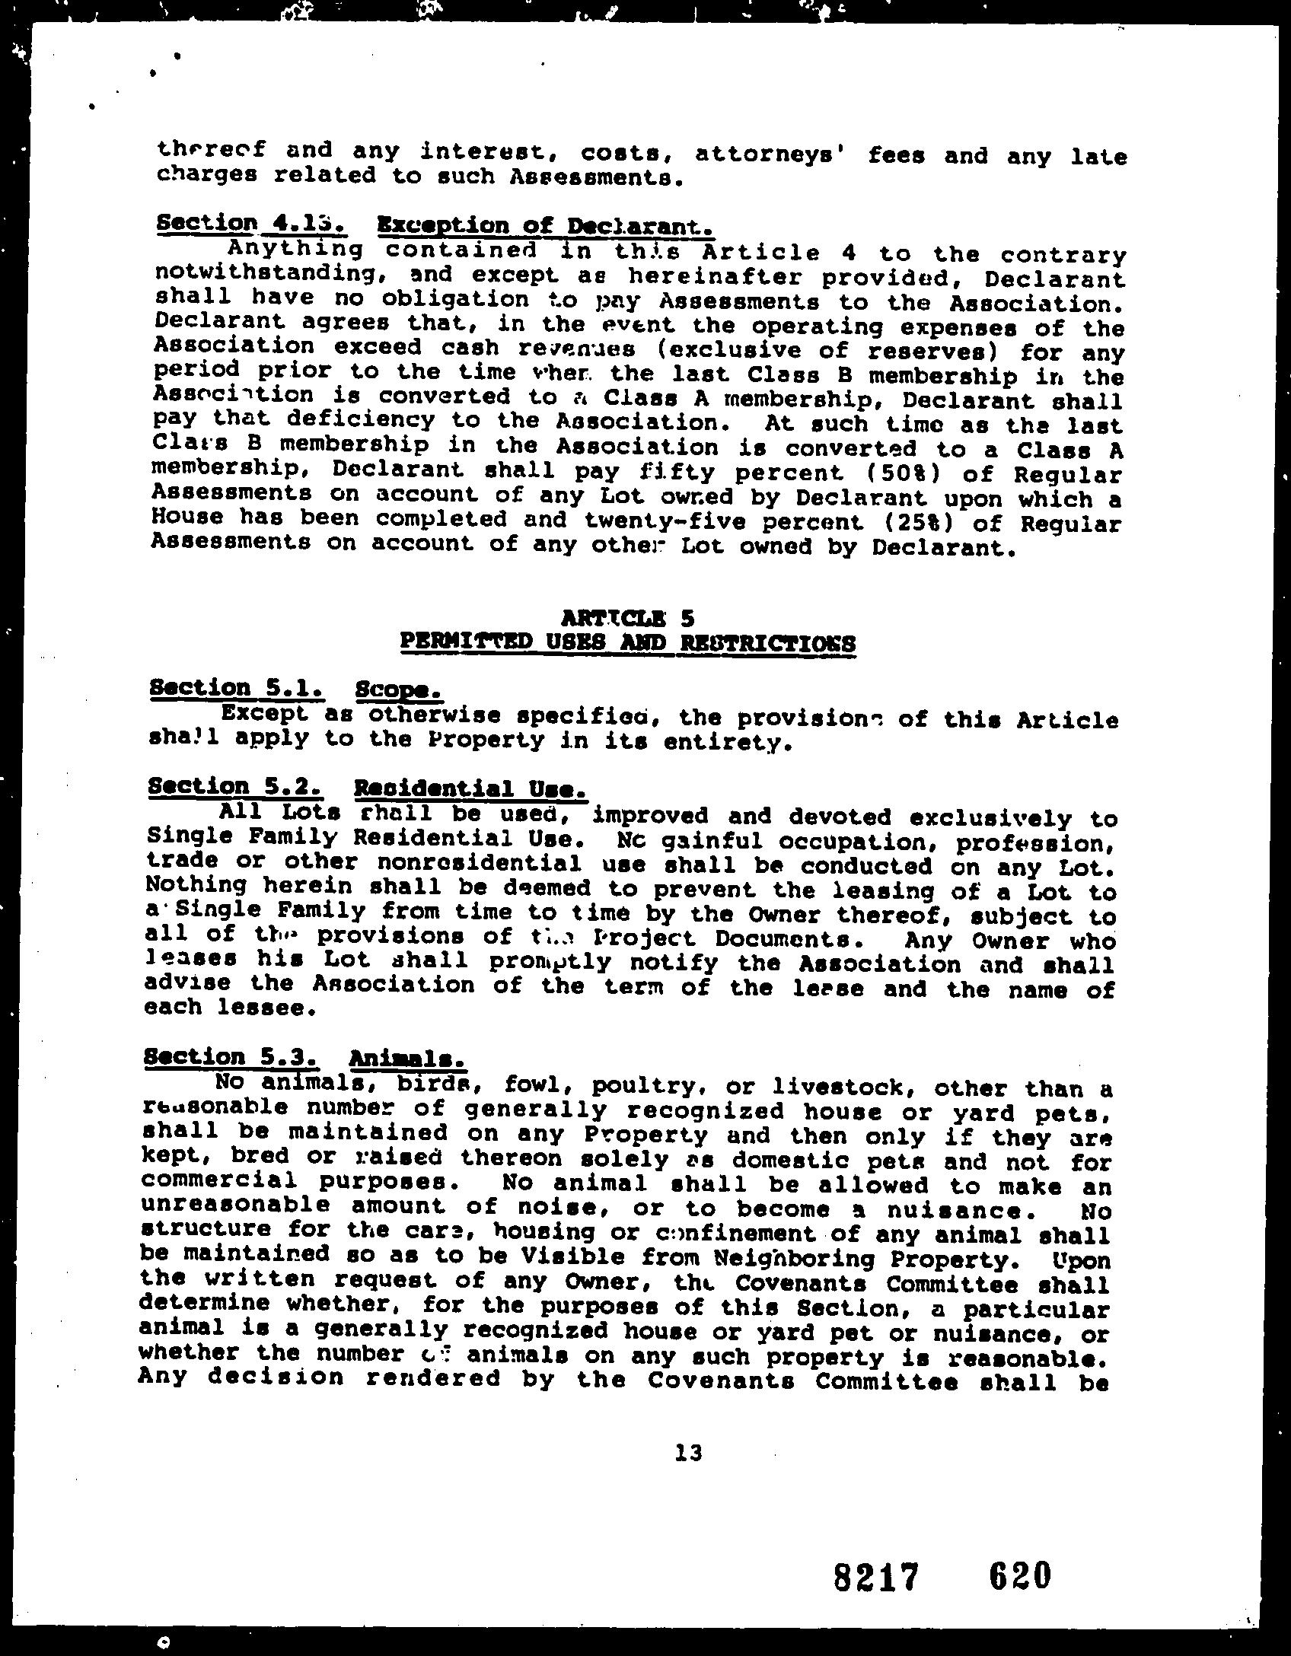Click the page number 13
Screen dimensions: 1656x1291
coord(688,1453)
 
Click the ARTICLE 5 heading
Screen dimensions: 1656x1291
coord(628,616)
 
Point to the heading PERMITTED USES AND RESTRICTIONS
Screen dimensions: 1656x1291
coord(628,643)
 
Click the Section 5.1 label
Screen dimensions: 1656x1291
coord(237,688)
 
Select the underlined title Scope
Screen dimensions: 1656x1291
coord(398,690)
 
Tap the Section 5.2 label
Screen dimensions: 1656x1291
coord(237,786)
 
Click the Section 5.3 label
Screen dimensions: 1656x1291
coord(231,1056)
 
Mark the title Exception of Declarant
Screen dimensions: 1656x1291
coord(545,226)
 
